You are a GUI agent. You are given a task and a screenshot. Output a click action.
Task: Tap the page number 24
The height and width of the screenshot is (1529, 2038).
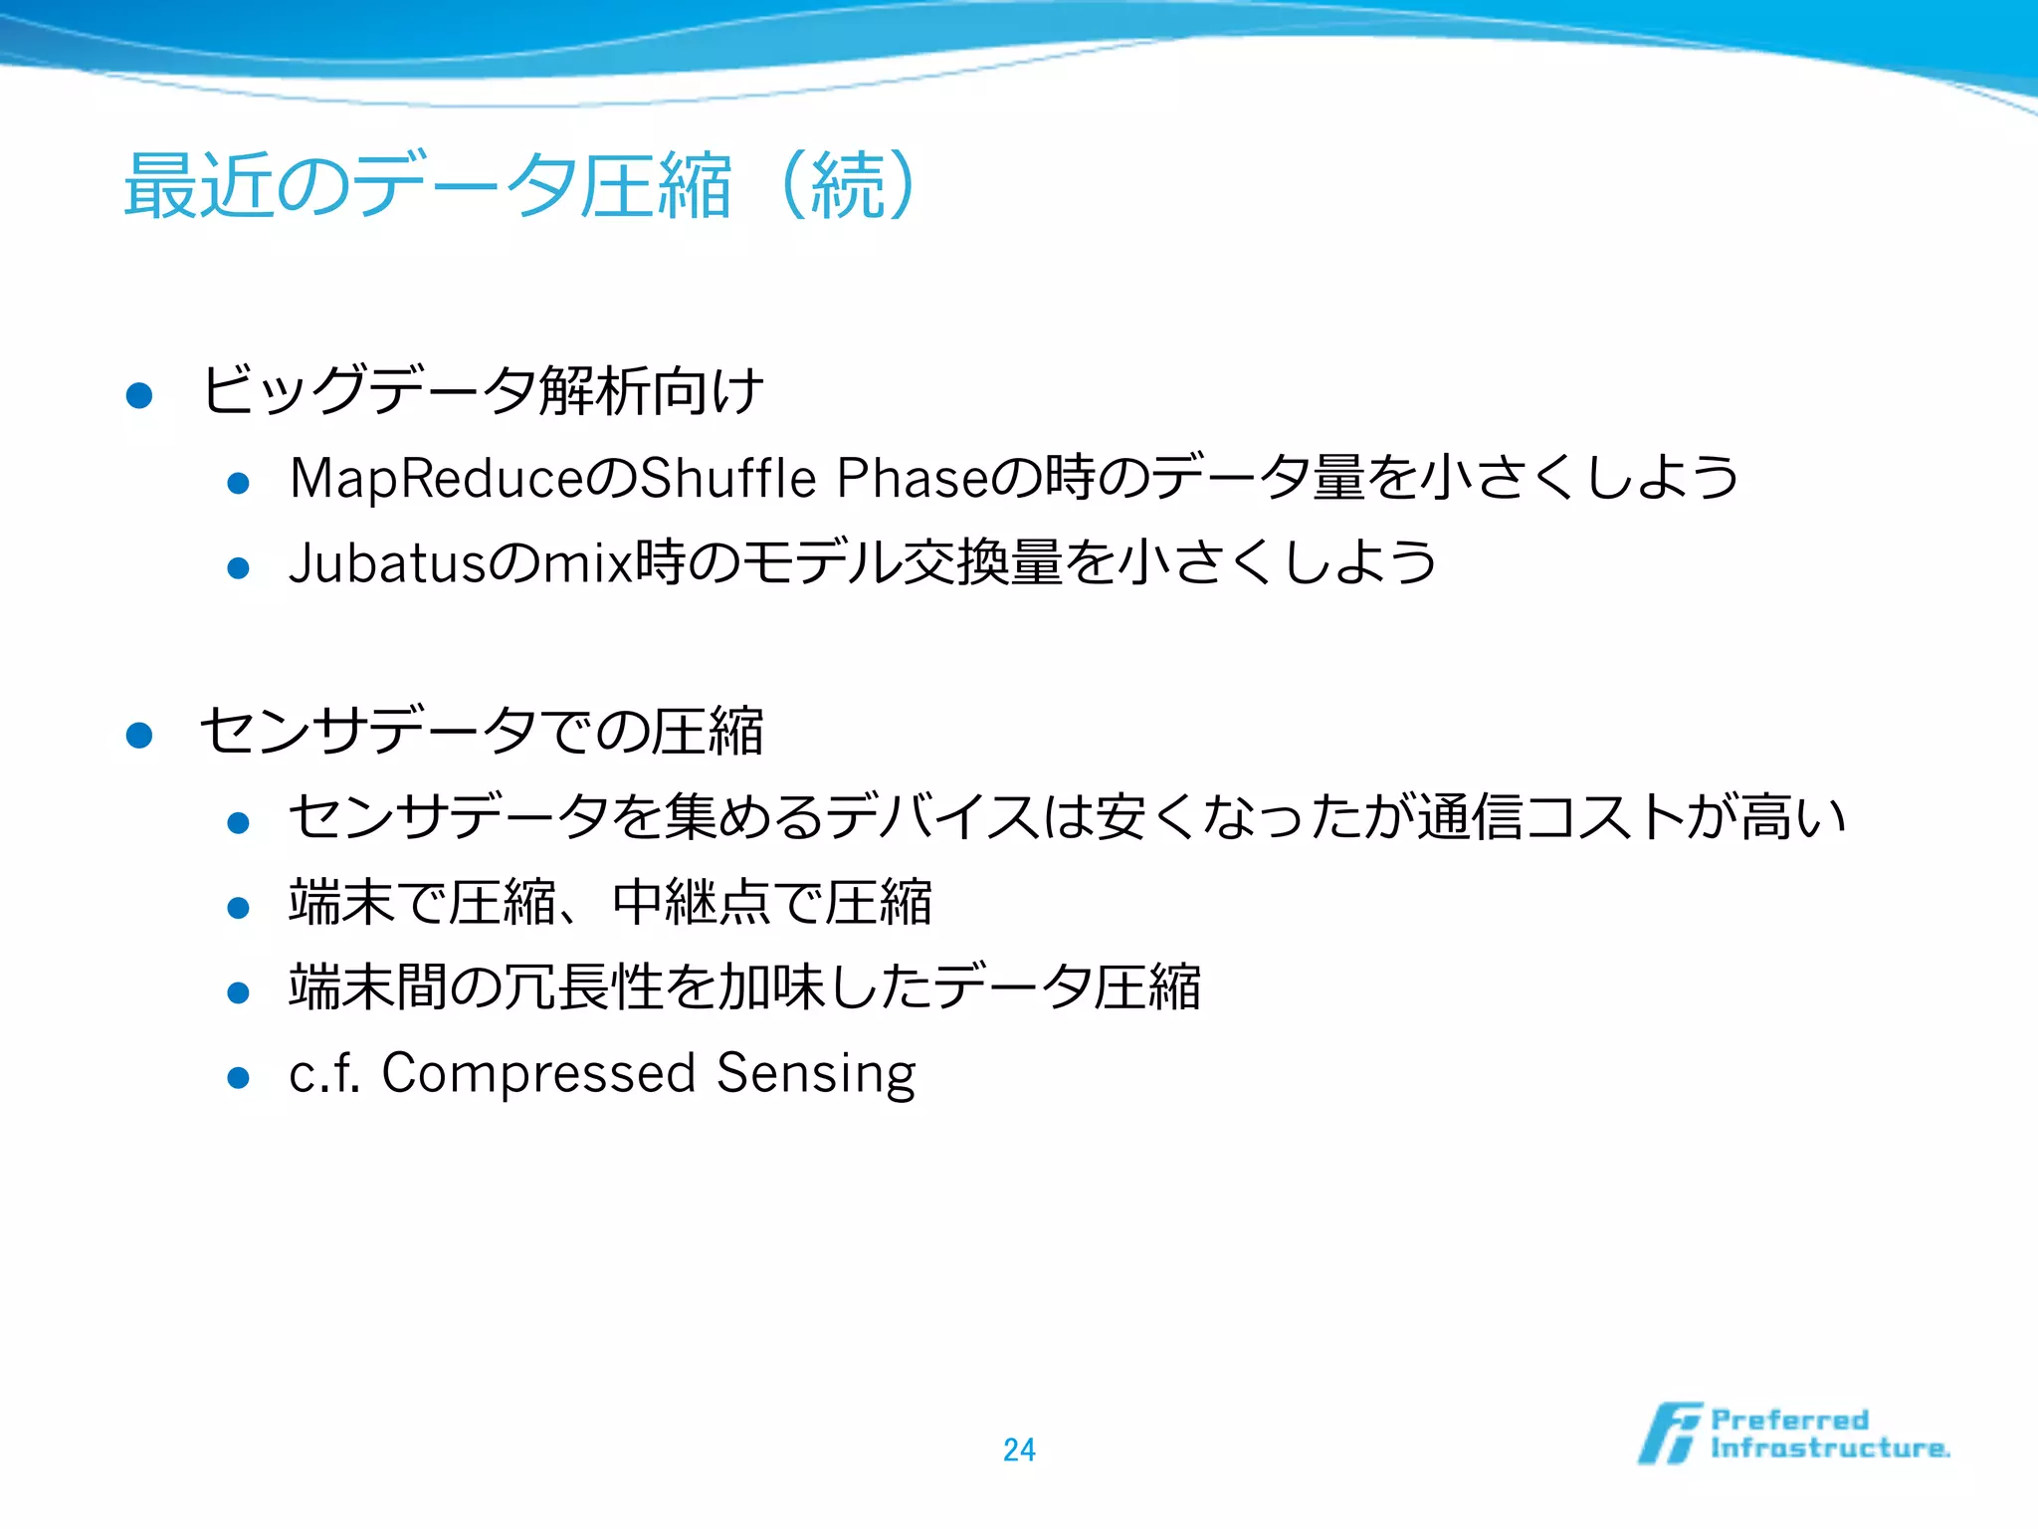1019,1449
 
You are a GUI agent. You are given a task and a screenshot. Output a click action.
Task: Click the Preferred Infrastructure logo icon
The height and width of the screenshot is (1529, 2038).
1669,1433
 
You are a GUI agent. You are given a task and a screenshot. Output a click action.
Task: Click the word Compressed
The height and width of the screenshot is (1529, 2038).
538,1073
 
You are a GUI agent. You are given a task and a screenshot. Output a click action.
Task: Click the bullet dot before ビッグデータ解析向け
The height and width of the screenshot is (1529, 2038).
139,395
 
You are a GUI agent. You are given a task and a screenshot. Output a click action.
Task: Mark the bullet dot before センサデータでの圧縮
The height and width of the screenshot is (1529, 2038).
139,736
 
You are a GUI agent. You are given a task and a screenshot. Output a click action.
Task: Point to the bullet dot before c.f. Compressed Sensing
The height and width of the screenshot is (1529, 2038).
238,1077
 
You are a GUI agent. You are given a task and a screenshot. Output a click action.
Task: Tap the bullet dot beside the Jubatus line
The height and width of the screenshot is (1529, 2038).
238,568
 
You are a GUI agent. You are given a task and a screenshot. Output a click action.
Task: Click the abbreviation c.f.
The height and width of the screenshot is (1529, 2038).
323,1073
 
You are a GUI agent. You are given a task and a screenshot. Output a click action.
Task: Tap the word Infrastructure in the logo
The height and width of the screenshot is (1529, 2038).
1829,1448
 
